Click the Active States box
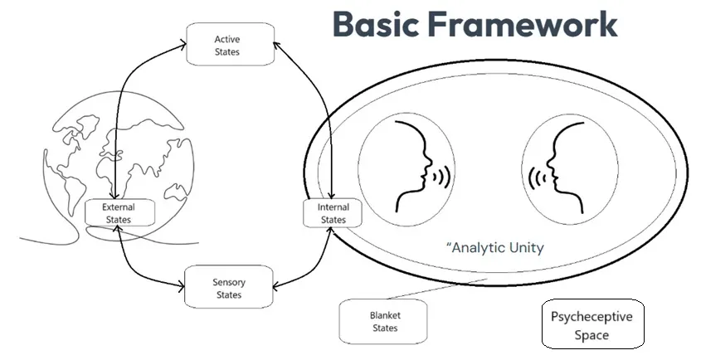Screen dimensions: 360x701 [x=226, y=45]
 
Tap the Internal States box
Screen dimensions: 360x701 [x=333, y=212]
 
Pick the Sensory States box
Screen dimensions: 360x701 [x=228, y=288]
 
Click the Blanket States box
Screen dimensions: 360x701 [x=383, y=321]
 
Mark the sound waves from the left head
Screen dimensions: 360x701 [x=442, y=177]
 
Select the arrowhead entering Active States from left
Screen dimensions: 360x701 [x=182, y=43]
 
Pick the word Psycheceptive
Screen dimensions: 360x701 [x=591, y=317]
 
